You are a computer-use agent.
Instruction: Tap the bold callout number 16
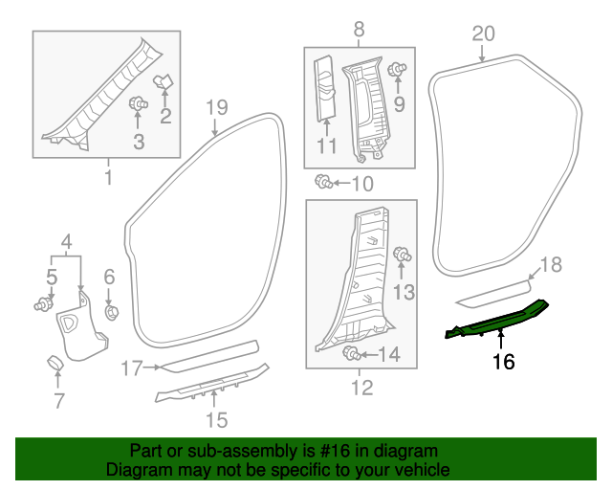click(x=504, y=362)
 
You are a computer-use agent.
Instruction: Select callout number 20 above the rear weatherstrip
click(x=484, y=33)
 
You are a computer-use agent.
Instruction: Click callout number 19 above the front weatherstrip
click(x=216, y=106)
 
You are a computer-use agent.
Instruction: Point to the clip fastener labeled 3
click(x=138, y=102)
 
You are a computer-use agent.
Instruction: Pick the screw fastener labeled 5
click(x=43, y=305)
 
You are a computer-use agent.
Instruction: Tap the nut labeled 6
click(x=110, y=311)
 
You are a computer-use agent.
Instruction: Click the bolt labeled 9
click(x=400, y=69)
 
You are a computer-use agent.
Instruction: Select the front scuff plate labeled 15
click(x=212, y=387)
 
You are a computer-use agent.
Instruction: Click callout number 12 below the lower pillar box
click(x=361, y=388)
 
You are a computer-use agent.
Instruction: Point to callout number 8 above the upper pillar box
click(x=360, y=30)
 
